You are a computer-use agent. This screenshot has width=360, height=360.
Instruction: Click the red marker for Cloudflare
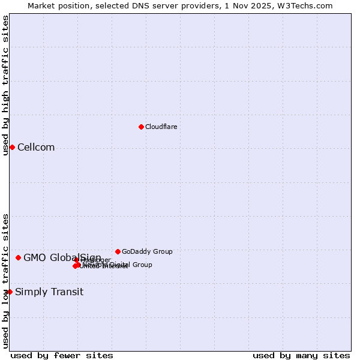141,127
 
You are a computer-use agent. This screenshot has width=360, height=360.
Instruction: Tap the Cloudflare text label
161,127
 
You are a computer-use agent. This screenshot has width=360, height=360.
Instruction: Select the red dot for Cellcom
12,147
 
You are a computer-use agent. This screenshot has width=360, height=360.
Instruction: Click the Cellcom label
36,148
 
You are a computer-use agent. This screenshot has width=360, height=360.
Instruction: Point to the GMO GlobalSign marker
18,257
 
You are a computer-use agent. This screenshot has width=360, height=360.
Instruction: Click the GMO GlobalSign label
62,258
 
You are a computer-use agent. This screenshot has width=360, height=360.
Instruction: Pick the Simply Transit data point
10,292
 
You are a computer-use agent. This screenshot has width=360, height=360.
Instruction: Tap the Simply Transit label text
49,292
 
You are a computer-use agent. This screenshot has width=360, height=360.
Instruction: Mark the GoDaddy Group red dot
118,251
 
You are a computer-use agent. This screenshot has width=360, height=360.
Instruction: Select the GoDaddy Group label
147,252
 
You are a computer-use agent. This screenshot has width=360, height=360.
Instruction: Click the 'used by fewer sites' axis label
62,355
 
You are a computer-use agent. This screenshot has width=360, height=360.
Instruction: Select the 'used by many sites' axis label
301,355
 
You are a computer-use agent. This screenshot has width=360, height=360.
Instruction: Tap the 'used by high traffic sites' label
5,85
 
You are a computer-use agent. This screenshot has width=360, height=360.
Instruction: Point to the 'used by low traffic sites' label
5,281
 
